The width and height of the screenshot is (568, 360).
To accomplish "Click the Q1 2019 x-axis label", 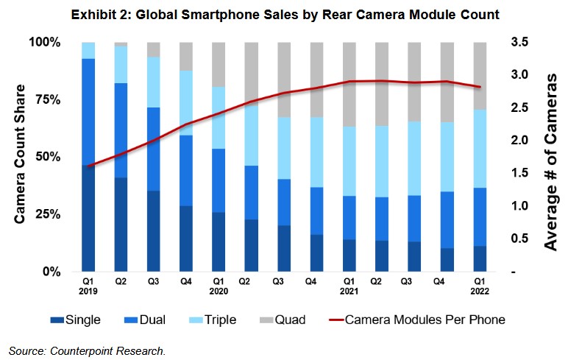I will point(88,286).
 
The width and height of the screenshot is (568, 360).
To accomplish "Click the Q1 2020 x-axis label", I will point(219,286).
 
